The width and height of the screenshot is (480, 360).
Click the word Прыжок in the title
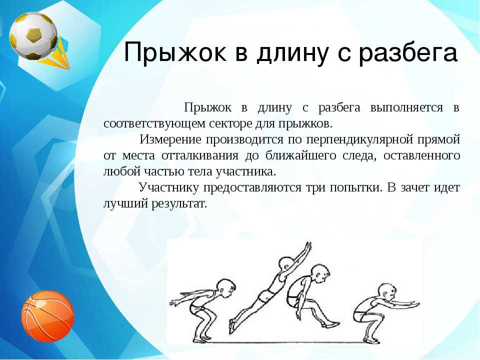coord(175,52)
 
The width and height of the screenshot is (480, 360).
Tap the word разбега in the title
coord(408,52)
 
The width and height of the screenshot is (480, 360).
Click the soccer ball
coord(33,36)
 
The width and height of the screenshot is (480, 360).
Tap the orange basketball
coord(48,316)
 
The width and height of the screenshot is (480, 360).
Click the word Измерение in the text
coord(170,139)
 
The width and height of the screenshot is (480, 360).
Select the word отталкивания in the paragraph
coord(200,155)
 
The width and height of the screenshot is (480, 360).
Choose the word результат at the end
coord(179,204)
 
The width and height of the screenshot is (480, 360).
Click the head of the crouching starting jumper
coord(225,288)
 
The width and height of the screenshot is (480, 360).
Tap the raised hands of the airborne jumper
coord(306,247)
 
